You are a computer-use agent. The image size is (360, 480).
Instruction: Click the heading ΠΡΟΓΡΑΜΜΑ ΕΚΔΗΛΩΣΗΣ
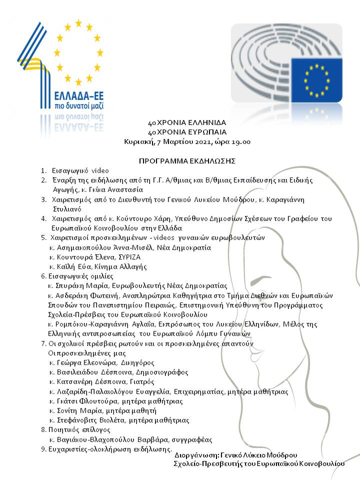[x=187, y=161]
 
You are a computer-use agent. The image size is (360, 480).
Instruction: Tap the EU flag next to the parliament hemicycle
[x=316, y=79]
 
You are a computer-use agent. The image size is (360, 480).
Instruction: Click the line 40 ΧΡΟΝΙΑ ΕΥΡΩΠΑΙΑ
[x=187, y=132]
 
